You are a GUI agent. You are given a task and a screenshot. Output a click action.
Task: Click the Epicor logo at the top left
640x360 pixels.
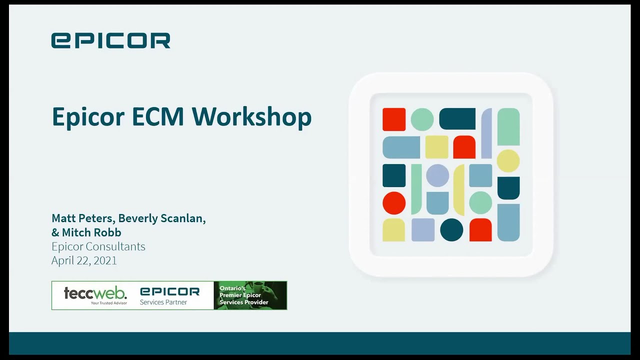tap(110, 40)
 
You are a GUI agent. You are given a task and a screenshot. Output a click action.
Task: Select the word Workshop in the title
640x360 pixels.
tap(251, 117)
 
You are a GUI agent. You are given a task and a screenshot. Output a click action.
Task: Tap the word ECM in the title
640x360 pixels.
tap(159, 116)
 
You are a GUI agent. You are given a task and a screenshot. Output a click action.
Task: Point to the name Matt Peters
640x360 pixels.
tap(82, 218)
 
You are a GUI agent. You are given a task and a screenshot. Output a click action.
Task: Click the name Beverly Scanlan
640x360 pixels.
tap(161, 218)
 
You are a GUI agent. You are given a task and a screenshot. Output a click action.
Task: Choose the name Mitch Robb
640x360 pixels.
tap(91, 232)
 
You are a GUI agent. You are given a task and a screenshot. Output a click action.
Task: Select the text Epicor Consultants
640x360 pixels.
tap(98, 246)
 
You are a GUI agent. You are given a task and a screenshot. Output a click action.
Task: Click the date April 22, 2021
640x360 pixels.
tap(84, 260)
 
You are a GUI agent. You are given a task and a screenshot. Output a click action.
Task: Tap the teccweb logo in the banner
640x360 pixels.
tap(95, 292)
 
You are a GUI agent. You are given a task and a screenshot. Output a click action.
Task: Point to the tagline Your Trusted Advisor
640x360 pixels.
tap(108, 302)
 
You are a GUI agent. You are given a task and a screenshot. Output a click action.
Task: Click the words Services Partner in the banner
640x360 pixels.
tap(163, 302)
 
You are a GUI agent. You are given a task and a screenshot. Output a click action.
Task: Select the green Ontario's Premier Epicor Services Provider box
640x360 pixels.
tap(250, 295)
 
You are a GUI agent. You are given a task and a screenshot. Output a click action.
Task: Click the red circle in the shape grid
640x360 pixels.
tap(394, 203)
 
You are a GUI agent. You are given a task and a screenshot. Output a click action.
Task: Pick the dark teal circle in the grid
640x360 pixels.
tap(451, 230)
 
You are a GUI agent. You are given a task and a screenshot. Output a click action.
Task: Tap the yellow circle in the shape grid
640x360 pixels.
tap(508, 161)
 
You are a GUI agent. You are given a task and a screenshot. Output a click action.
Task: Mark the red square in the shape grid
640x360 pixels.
tap(394, 119)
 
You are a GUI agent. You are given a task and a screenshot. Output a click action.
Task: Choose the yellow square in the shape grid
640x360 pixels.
tap(436, 147)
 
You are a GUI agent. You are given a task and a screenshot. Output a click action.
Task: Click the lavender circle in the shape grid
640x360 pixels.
tap(437, 175)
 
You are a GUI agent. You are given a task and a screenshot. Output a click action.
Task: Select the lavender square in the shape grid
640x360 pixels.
tap(423, 230)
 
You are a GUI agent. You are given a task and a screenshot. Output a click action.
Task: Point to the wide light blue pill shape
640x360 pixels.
tap(401, 147)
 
